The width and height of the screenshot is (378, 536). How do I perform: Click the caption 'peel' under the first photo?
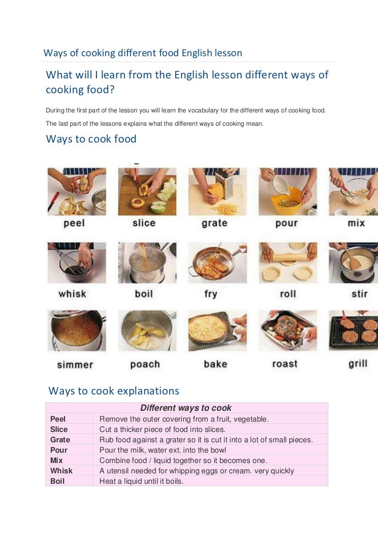[x=74, y=223]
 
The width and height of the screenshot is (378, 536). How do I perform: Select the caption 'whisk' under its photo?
[x=72, y=294]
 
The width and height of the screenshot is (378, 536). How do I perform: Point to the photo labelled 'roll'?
[x=288, y=263]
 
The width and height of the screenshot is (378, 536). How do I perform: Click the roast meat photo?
[x=288, y=331]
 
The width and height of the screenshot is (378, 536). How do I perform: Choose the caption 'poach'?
[x=145, y=364]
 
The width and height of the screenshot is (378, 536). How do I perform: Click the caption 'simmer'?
[x=75, y=365]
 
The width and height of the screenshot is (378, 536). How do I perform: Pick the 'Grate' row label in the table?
[x=60, y=439]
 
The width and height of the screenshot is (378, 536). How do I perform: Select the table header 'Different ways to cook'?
[x=186, y=408]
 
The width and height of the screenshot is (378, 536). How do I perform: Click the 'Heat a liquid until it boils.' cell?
[x=141, y=481]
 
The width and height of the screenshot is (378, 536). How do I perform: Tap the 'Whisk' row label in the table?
[x=62, y=470]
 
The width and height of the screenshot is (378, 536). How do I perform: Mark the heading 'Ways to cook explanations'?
[x=114, y=391]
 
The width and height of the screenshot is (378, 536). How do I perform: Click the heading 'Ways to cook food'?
[x=91, y=139]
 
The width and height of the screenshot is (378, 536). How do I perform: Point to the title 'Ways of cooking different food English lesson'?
[x=143, y=53]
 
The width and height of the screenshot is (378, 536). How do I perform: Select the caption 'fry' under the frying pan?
[x=211, y=294]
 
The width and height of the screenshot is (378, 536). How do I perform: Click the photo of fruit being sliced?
[x=147, y=192]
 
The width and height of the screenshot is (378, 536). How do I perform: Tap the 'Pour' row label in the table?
[x=59, y=450]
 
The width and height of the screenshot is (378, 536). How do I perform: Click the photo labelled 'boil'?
[x=147, y=263]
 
